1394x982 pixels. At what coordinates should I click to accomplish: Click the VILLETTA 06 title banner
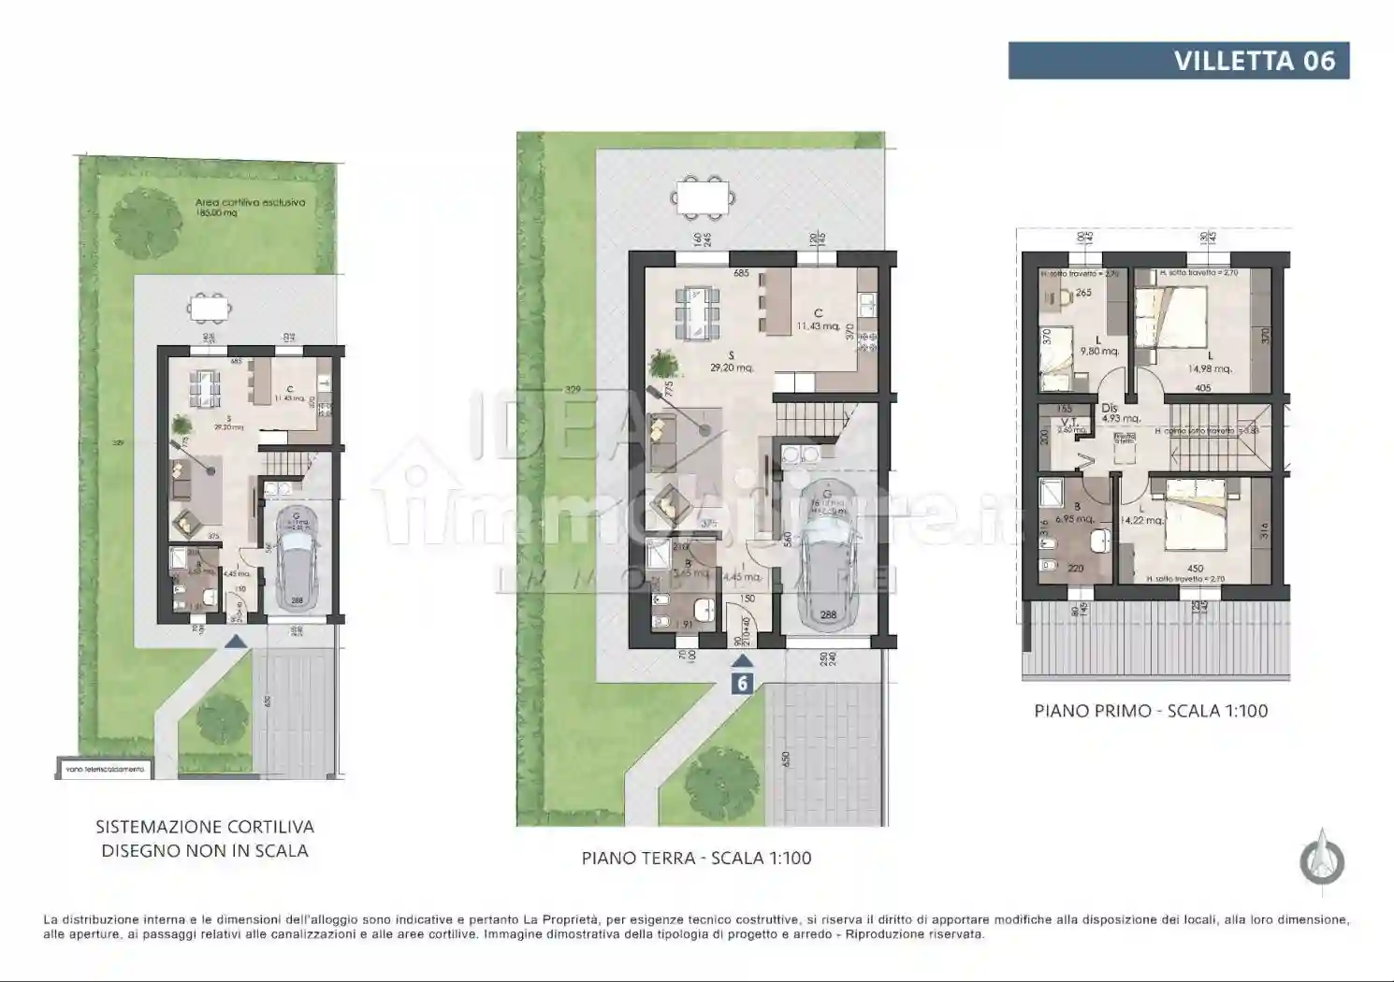click(1178, 61)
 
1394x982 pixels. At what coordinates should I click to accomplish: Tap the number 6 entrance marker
click(742, 683)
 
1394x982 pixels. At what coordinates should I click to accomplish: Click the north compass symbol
click(1322, 858)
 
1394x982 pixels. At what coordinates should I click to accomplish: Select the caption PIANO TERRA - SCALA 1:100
click(696, 858)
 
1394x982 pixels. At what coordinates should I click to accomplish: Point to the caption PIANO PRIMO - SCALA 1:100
click(1151, 711)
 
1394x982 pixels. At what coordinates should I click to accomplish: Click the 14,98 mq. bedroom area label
click(1210, 368)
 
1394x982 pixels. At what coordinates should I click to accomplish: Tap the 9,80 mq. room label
click(1099, 352)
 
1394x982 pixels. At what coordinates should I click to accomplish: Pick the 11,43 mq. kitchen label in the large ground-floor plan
click(818, 325)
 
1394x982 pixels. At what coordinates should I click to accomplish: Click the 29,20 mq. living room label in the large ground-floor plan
click(732, 368)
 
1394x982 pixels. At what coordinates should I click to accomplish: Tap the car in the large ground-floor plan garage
click(827, 570)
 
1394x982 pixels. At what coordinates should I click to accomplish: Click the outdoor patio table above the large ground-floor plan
click(702, 196)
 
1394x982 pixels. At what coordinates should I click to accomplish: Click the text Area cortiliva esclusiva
click(250, 202)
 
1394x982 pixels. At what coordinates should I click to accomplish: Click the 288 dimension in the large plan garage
click(828, 615)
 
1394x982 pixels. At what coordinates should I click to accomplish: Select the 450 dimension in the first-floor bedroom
click(1195, 569)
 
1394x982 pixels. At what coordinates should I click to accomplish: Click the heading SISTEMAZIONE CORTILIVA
click(205, 827)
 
